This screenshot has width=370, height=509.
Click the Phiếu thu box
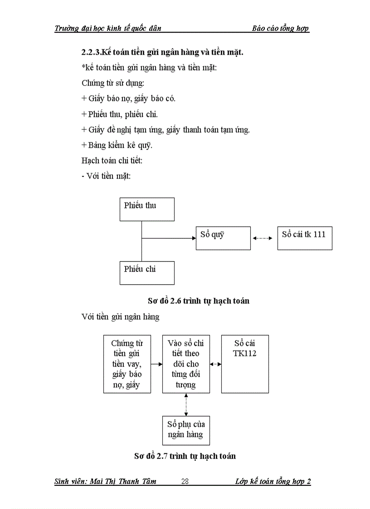coord(147,209)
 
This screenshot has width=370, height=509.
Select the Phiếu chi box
coord(147,272)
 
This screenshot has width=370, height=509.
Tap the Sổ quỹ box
coord(223,238)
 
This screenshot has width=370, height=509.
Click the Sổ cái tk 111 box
coord(305,238)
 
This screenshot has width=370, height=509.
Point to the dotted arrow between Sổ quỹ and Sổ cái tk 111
coord(264,238)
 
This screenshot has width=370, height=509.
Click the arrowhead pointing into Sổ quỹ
coord(193,238)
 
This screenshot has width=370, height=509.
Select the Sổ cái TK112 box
coord(245,364)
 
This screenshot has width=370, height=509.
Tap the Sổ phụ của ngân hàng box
coord(186,430)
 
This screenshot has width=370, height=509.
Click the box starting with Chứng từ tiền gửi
coord(127,364)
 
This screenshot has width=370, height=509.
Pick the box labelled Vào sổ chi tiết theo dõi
coord(186,364)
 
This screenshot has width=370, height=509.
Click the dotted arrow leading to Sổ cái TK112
coord(216,364)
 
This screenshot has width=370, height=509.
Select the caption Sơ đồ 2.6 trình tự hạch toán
coord(198,301)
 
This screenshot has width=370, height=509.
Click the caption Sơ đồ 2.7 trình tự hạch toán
coord(185,456)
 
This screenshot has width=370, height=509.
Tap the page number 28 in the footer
coord(185,482)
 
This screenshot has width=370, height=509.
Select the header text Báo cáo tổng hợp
coord(280,29)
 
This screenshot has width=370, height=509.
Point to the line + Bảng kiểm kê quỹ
coord(117,145)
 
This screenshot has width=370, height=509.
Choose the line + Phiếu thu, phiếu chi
coord(120,114)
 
